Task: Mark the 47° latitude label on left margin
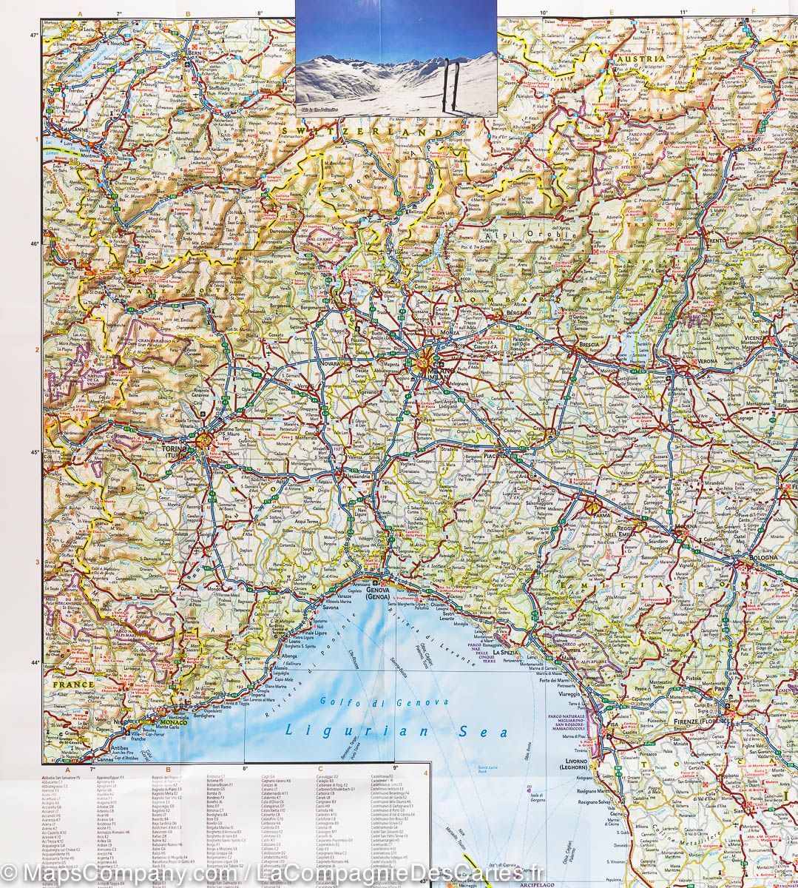(33, 35)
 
